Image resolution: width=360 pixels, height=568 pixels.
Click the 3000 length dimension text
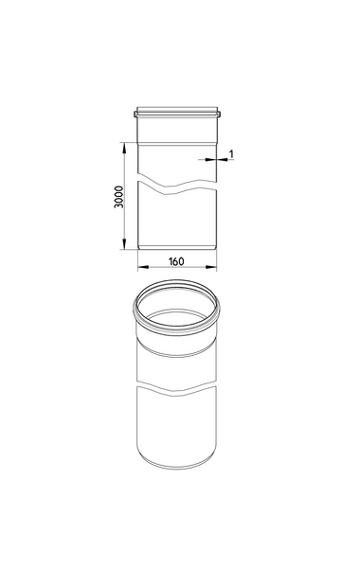[118, 197]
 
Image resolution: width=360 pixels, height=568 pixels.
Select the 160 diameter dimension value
[176, 261]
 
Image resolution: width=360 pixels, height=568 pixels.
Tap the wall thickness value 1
[231, 154]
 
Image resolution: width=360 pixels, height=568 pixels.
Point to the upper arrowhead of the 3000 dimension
[124, 148]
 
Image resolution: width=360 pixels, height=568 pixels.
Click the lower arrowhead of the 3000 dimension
[124, 244]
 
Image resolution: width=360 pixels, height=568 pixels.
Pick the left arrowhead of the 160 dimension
[144, 267]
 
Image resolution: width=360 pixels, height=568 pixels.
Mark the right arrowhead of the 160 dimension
[211, 267]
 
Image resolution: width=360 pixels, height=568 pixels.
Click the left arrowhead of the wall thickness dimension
[210, 159]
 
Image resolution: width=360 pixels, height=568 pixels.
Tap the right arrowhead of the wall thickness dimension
[223, 159]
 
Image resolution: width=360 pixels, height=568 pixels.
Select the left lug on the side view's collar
[135, 114]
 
